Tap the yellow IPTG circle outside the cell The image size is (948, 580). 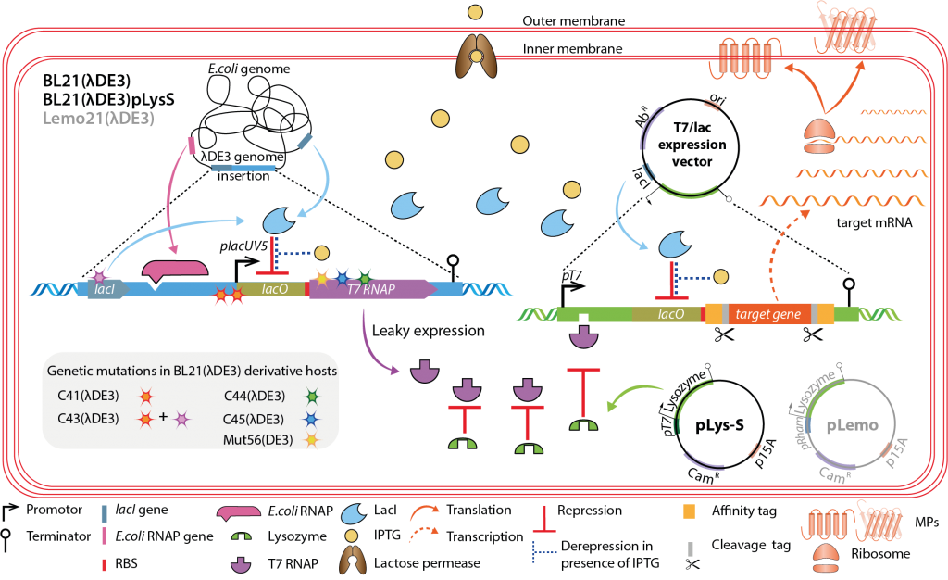click(x=475, y=12)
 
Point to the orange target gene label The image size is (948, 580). click(x=767, y=315)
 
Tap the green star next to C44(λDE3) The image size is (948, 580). click(x=313, y=397)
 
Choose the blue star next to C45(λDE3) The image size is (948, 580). click(x=313, y=418)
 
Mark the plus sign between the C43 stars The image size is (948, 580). click(x=163, y=417)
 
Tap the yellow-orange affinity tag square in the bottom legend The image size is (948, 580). click(x=687, y=511)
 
